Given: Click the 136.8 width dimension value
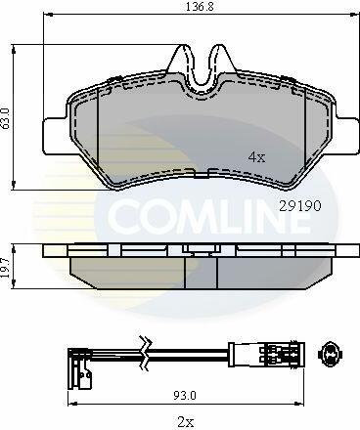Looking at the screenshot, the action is (200, 7).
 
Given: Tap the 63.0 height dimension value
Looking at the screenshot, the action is (7, 119).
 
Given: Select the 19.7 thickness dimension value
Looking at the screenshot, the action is (6, 267).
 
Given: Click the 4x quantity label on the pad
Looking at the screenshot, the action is (256, 157).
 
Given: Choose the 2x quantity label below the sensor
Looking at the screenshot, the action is (186, 422).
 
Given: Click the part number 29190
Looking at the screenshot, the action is (300, 205).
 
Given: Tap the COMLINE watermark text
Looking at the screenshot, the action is (208, 214).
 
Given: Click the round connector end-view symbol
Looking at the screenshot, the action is (330, 354).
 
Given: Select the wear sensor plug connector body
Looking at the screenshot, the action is (266, 354).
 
